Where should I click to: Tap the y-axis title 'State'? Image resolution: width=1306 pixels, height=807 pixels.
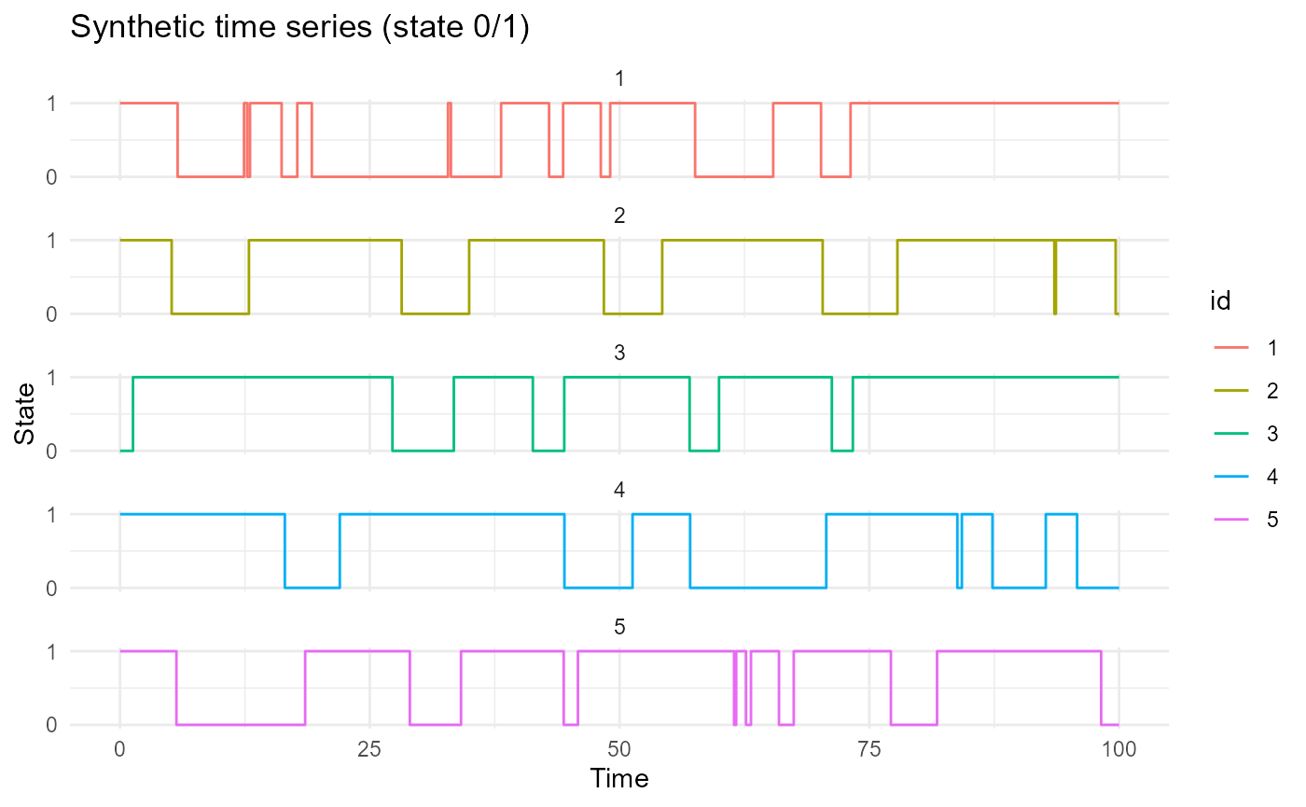(26, 413)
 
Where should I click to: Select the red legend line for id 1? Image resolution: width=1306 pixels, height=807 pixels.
(1230, 348)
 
